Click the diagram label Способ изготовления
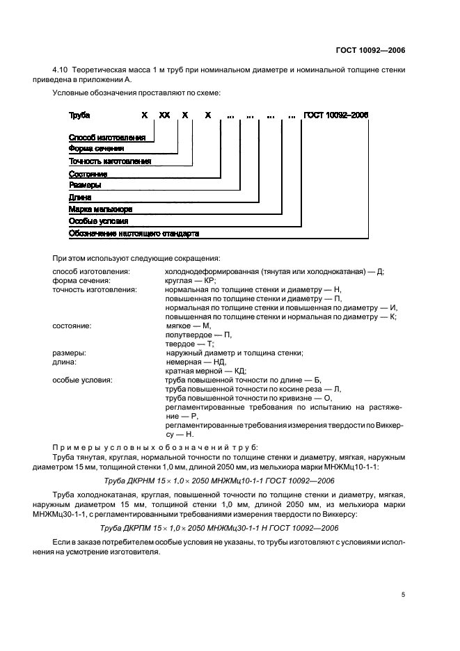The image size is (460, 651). (106, 138)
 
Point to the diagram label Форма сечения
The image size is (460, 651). (96, 149)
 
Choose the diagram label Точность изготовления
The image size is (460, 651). (109, 161)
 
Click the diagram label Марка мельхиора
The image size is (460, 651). (100, 209)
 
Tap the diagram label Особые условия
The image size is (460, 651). (98, 220)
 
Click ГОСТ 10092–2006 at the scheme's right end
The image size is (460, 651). (336, 115)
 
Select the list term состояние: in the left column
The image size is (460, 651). (72, 325)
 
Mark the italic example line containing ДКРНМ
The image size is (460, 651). (230, 481)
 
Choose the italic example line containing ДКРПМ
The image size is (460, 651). (230, 528)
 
